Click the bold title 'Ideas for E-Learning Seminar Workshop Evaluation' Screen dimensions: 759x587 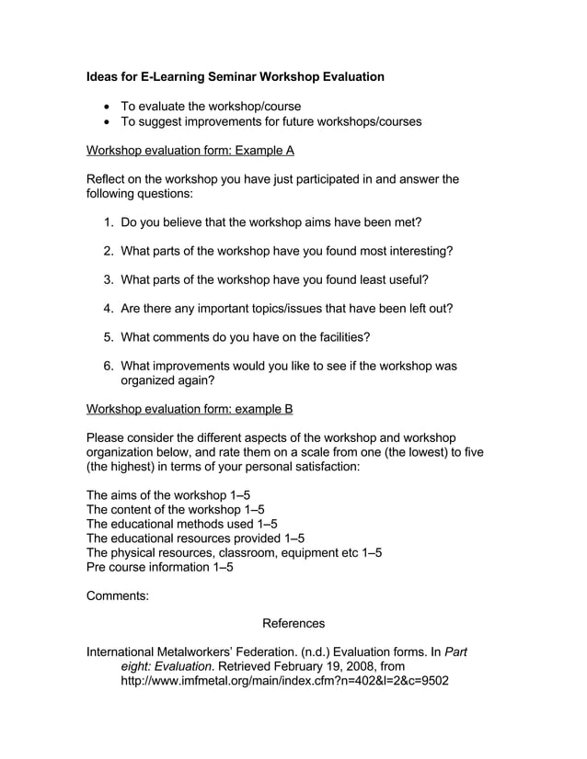235,76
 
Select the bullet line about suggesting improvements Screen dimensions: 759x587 271,121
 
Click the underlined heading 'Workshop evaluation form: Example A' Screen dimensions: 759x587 190,150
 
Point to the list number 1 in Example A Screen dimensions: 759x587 108,222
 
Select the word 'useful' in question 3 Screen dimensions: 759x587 401,279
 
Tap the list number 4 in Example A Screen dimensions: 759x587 108,308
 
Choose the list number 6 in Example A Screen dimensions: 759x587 108,365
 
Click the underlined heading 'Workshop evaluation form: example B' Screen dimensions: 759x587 189,409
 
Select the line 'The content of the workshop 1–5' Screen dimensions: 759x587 175,509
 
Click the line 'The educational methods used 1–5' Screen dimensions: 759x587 181,524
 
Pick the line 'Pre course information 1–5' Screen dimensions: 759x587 159,567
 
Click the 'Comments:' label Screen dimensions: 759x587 117,595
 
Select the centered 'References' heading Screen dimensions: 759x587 293,624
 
